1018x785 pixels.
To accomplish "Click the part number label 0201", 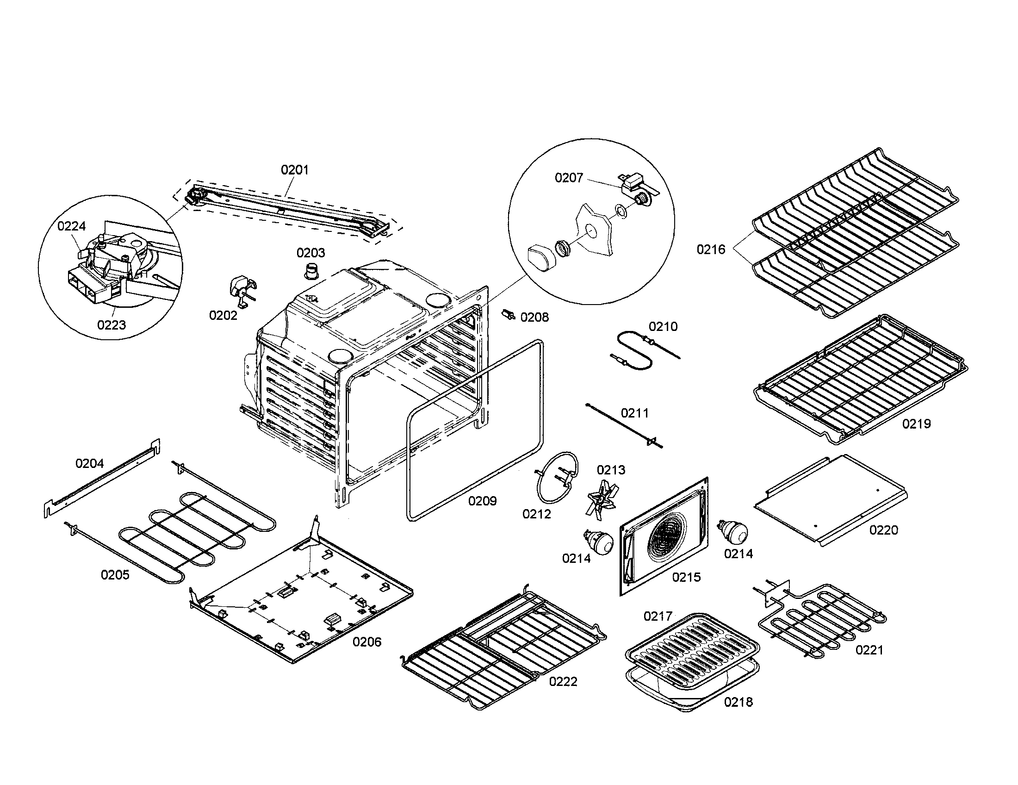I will pos(295,170).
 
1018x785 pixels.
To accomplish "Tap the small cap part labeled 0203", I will pos(310,270).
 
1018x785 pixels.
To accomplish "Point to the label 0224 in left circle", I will pos(72,226).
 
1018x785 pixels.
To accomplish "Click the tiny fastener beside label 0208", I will pos(509,315).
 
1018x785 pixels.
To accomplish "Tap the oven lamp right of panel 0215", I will pos(734,531).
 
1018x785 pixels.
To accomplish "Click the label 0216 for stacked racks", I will pos(711,249).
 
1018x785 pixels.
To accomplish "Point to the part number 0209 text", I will pos(483,501).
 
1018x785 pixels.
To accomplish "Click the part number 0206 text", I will pos(367,642).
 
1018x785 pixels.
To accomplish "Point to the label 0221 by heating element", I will pos(869,650).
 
